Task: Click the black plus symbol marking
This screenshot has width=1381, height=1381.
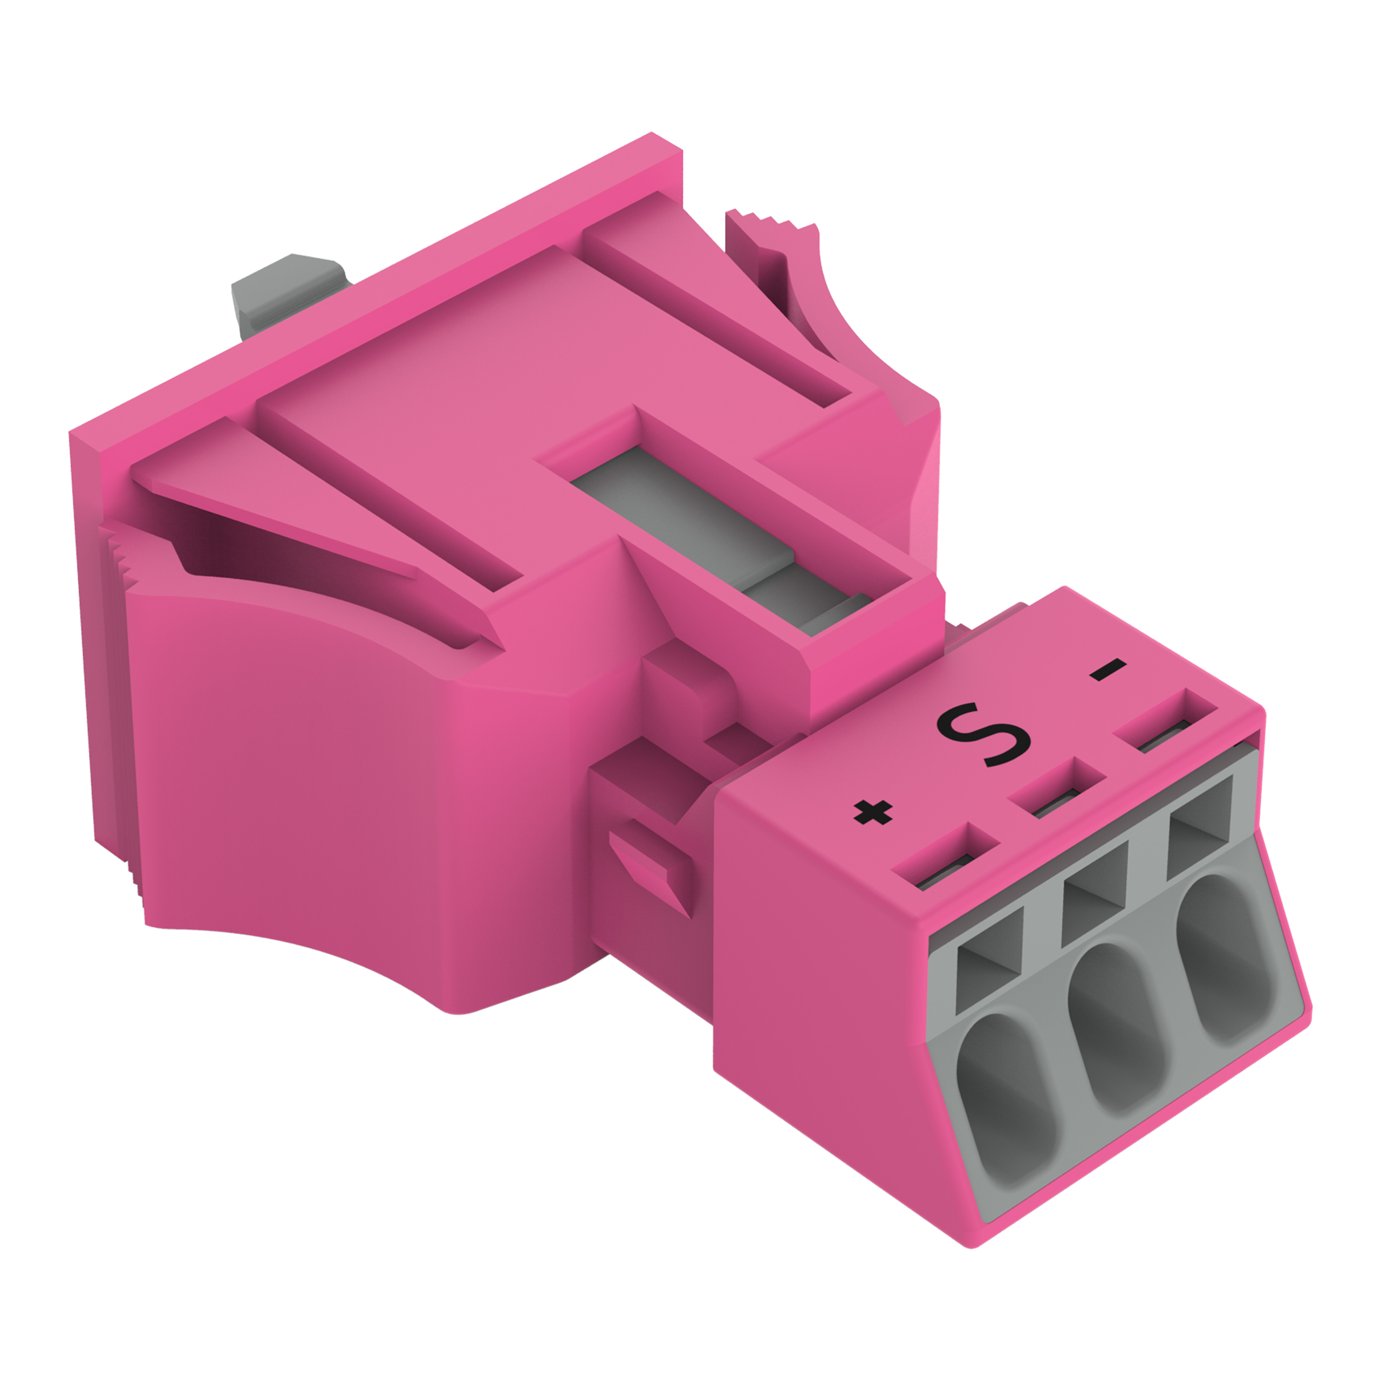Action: [x=873, y=813]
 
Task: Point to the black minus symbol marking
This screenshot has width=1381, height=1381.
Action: [x=1107, y=671]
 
